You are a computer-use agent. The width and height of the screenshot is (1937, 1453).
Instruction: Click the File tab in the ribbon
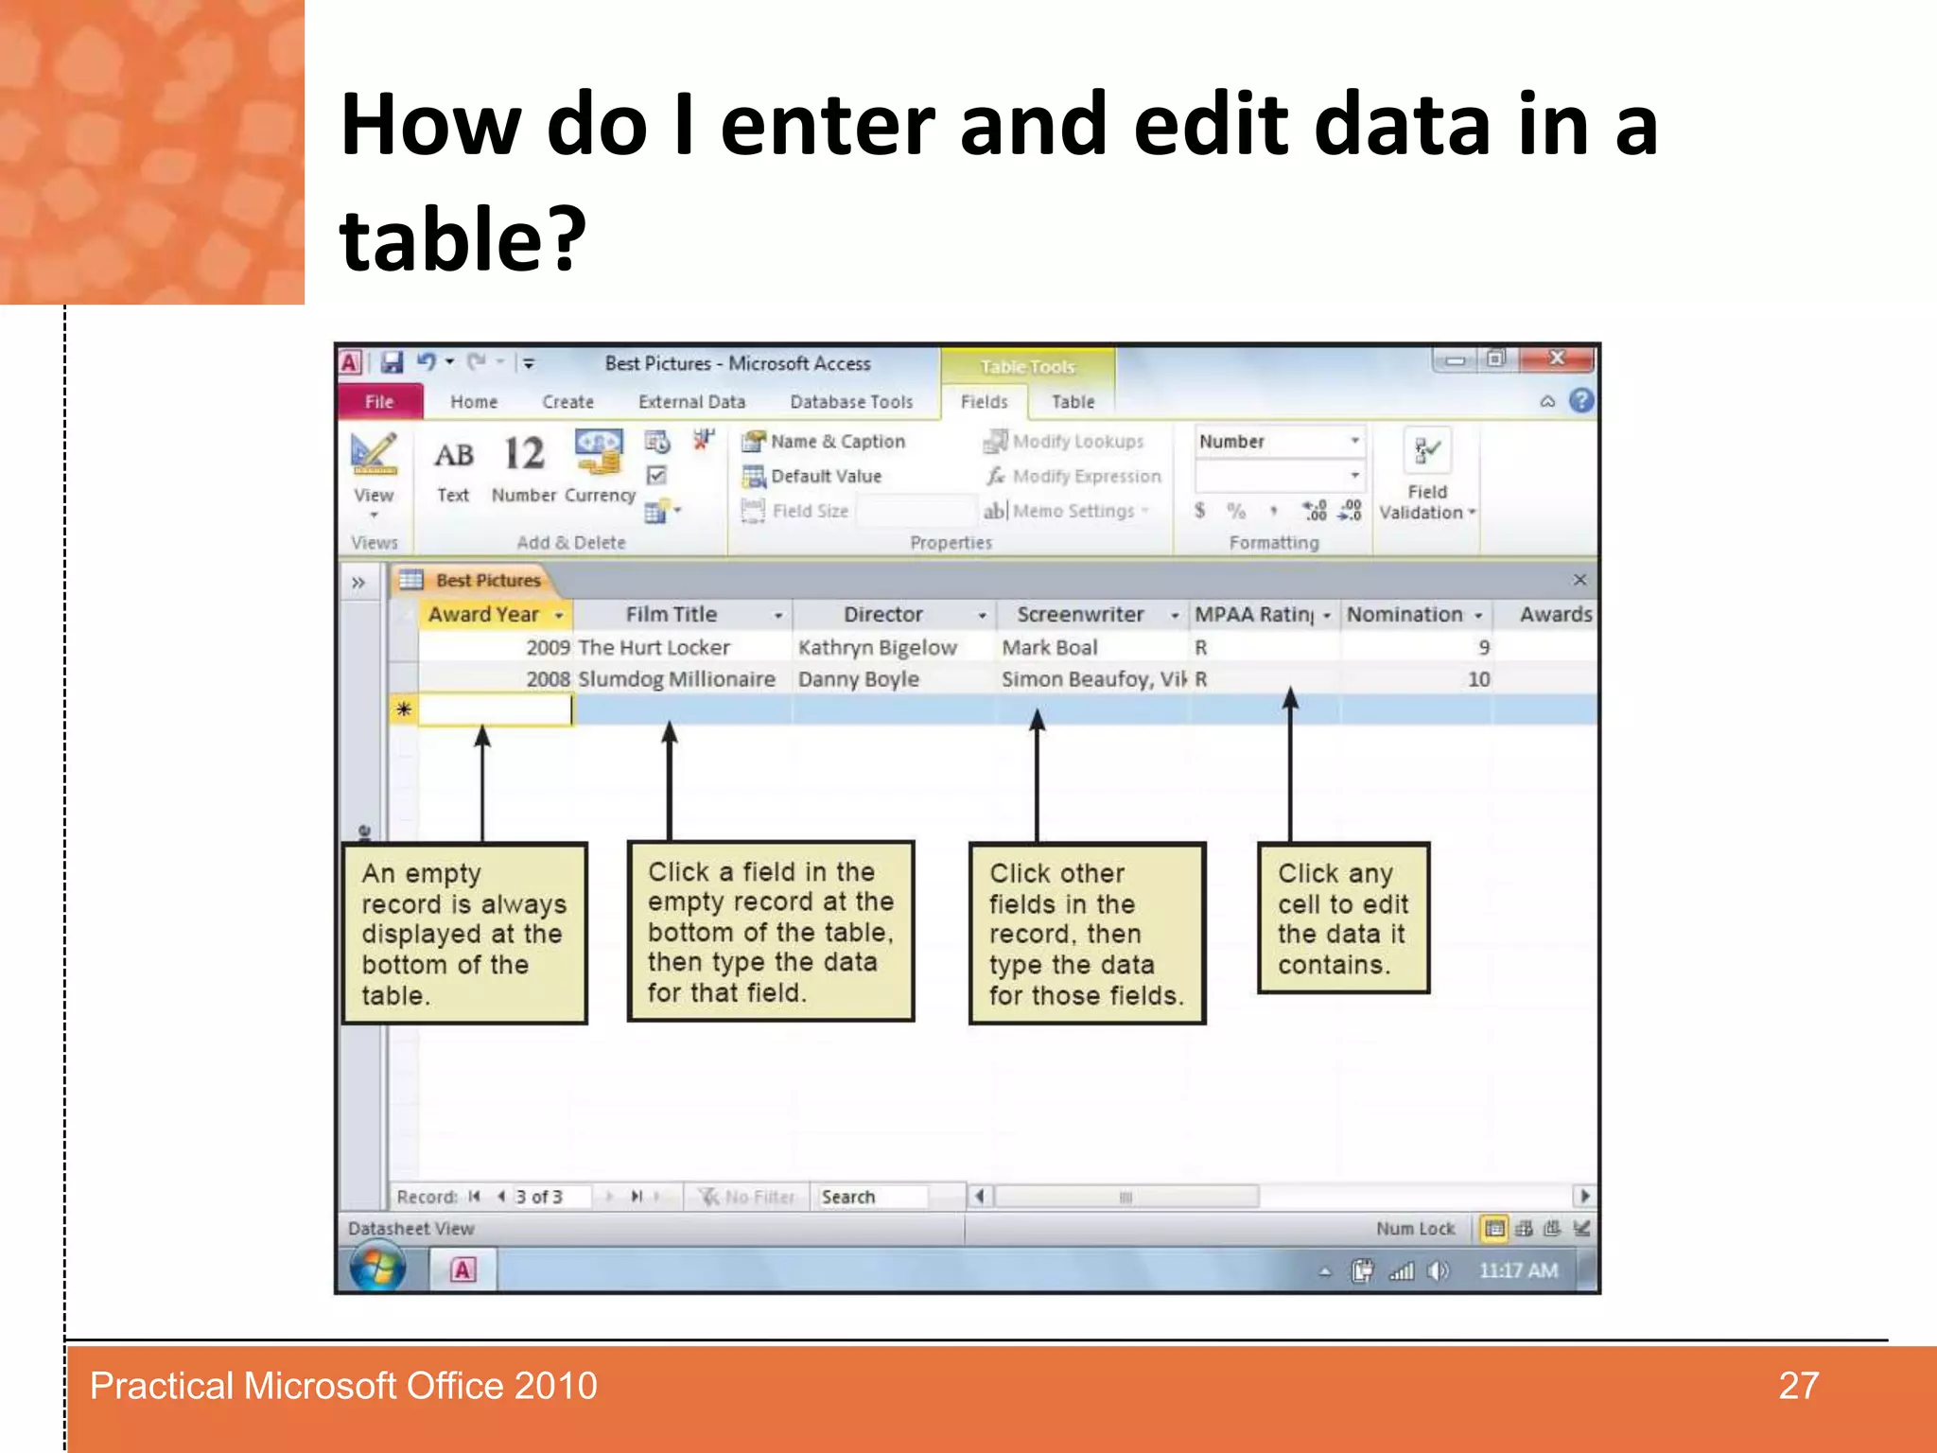point(378,401)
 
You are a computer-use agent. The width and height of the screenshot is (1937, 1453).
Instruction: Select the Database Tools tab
point(851,401)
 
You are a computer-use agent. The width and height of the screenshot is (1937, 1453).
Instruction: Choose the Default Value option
point(825,476)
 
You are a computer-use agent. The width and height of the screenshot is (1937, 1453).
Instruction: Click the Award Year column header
point(483,615)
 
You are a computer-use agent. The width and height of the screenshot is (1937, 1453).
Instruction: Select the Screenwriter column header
point(1080,615)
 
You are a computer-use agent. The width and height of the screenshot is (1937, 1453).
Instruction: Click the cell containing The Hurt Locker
point(654,647)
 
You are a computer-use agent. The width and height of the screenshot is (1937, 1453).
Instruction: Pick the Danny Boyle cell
point(859,679)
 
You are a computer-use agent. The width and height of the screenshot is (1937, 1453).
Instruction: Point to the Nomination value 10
point(1478,679)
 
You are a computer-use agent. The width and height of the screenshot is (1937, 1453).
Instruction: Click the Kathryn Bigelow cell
point(877,647)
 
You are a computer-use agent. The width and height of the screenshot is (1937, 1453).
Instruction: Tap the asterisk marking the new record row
point(404,709)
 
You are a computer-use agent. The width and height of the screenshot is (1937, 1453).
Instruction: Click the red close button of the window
point(1557,359)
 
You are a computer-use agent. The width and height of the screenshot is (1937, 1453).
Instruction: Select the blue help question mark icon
point(1581,401)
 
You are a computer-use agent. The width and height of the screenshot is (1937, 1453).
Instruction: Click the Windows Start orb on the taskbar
point(378,1269)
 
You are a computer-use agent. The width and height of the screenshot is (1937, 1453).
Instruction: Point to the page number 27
point(1798,1386)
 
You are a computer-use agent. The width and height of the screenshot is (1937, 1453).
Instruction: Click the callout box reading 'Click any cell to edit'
point(1342,918)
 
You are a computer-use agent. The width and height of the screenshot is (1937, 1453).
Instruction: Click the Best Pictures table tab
point(487,580)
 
